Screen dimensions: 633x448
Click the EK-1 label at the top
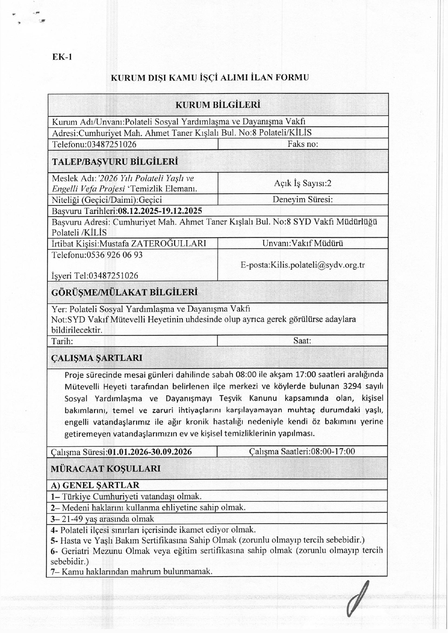click(62, 57)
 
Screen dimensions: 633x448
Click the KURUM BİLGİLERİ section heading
click(218, 105)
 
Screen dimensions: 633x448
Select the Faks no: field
click(303, 144)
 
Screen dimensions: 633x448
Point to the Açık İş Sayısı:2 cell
click(302, 183)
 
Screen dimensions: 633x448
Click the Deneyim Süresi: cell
click(302, 199)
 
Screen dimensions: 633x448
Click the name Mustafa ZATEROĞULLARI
click(153, 243)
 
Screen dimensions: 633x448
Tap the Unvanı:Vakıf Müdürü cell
click(302, 243)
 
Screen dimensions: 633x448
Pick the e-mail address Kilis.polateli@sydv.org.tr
click(317, 265)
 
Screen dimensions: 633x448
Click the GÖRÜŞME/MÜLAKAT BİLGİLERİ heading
click(124, 292)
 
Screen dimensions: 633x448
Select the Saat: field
click(302, 341)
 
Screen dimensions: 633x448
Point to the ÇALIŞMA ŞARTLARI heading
click(97, 358)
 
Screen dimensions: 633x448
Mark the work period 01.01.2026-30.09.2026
click(150, 452)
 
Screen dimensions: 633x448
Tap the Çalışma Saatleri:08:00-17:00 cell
click(302, 451)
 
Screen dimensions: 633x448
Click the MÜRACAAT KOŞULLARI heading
click(105, 468)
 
